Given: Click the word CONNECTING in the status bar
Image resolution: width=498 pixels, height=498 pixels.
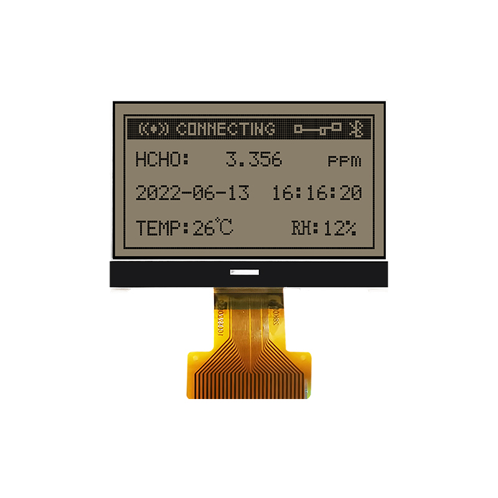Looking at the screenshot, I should (225, 129).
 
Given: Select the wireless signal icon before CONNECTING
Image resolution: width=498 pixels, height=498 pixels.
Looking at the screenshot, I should (153, 129).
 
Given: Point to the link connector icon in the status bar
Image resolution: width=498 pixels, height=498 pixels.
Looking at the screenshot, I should (318, 129).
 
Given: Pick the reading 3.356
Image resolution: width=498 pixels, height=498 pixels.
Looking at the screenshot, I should (253, 160).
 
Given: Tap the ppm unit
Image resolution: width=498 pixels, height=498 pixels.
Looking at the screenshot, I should (344, 161).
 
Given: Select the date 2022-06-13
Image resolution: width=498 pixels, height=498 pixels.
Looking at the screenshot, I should (192, 193).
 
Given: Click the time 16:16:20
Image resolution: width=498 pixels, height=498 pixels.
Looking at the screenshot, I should (317, 193).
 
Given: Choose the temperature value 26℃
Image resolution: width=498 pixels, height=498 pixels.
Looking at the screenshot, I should (212, 228).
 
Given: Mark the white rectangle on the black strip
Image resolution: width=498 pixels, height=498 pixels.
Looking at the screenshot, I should (245, 272).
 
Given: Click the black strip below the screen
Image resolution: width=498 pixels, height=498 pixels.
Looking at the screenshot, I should (156, 274).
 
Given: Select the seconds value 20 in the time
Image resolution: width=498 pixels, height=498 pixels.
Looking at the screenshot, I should (351, 193).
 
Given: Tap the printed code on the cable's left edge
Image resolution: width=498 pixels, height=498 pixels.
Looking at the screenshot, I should (220, 324).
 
